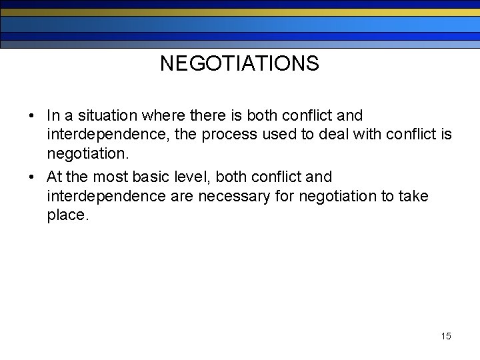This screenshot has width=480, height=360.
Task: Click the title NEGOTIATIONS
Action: coord(239,64)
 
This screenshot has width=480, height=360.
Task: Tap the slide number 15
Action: coord(446,336)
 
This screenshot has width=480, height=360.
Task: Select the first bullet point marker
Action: coord(32,116)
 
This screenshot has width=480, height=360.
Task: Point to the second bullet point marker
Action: coord(32,177)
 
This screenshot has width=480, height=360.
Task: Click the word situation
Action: coord(106,115)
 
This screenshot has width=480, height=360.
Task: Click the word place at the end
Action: coord(67,215)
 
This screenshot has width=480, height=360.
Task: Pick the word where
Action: coord(161,115)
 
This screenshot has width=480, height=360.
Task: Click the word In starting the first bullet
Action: coord(53,115)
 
